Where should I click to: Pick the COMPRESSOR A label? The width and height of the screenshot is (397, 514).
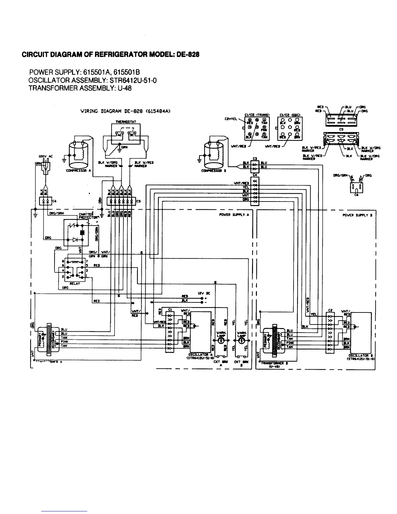pyautogui.click(x=79, y=171)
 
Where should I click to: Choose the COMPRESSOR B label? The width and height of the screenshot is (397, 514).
pyautogui.click(x=213, y=171)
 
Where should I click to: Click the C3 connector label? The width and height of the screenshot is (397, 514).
pyautogui.click(x=255, y=159)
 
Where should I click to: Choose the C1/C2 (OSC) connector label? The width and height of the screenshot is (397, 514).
pyautogui.click(x=289, y=114)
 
